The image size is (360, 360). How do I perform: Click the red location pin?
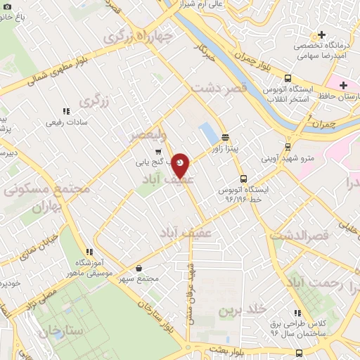(181, 165)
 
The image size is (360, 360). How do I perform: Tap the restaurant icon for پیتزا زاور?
(224, 138)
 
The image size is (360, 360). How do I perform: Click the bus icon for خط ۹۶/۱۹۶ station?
(243, 179)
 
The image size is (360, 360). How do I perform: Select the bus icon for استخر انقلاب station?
(288, 78)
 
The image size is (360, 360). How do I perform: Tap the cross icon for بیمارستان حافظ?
(342, 86)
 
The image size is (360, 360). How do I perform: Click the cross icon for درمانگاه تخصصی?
(322, 34)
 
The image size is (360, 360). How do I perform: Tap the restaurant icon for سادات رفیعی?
(66, 111)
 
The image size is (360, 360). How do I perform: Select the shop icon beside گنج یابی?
(159, 150)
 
